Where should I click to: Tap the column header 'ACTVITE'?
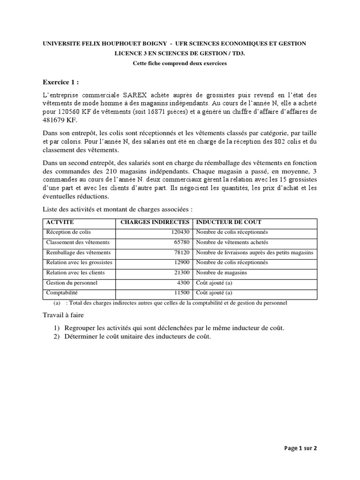[x=60, y=222]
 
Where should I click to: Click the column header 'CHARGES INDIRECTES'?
[x=155, y=222]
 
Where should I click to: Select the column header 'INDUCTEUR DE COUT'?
[x=229, y=222]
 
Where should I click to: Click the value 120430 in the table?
[x=180, y=232]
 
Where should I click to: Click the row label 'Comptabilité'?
[x=62, y=293]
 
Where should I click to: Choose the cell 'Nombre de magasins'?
[x=221, y=272]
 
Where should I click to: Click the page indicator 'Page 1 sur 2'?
[x=300, y=448]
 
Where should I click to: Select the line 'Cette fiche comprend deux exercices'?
[x=180, y=64]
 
